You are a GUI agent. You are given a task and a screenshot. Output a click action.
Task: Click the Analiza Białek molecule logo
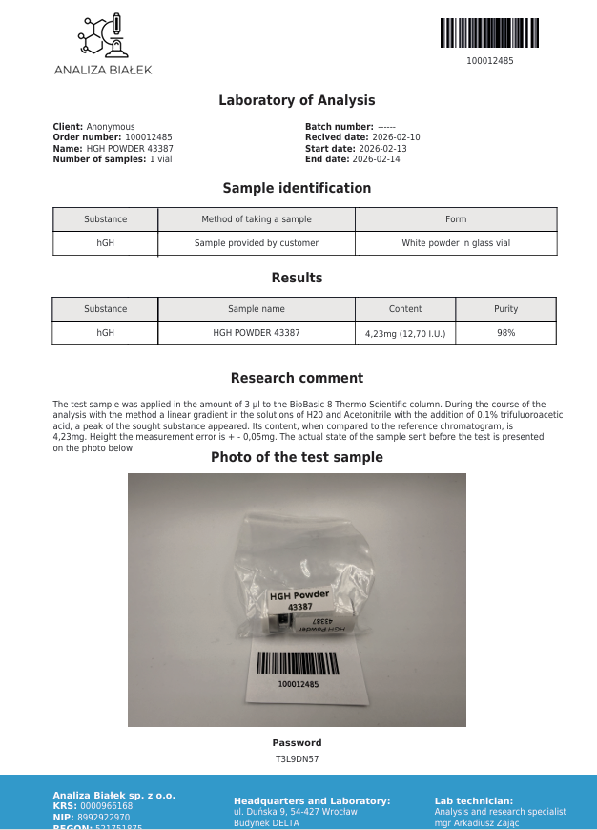coord(102,38)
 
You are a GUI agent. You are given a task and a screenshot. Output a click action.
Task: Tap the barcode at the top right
coord(489,33)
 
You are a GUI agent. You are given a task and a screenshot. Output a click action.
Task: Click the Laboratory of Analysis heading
coord(297,100)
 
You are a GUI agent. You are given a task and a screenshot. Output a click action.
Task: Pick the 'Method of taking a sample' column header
coord(256,219)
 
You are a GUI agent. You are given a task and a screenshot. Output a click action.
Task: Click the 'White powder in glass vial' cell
coord(456,243)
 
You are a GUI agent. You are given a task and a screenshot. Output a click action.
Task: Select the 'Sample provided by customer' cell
coord(256,243)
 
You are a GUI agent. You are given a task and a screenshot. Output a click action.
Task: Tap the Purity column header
coord(505,309)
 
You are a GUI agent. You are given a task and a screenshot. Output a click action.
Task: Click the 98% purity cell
coord(505,333)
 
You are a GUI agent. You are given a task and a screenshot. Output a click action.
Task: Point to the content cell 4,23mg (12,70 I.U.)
coord(405,334)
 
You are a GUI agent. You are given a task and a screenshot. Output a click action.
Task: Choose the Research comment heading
coord(297,378)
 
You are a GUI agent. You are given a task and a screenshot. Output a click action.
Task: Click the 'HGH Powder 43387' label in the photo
coord(299,600)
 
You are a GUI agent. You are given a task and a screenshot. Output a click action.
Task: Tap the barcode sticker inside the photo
coord(298,670)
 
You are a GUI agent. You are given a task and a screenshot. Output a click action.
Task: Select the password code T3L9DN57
coord(297,759)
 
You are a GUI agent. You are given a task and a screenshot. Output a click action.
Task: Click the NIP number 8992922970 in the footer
coord(105,818)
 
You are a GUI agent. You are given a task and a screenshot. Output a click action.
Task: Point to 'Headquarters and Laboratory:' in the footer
coord(311,801)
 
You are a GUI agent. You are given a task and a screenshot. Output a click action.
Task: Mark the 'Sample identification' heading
coord(297,188)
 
